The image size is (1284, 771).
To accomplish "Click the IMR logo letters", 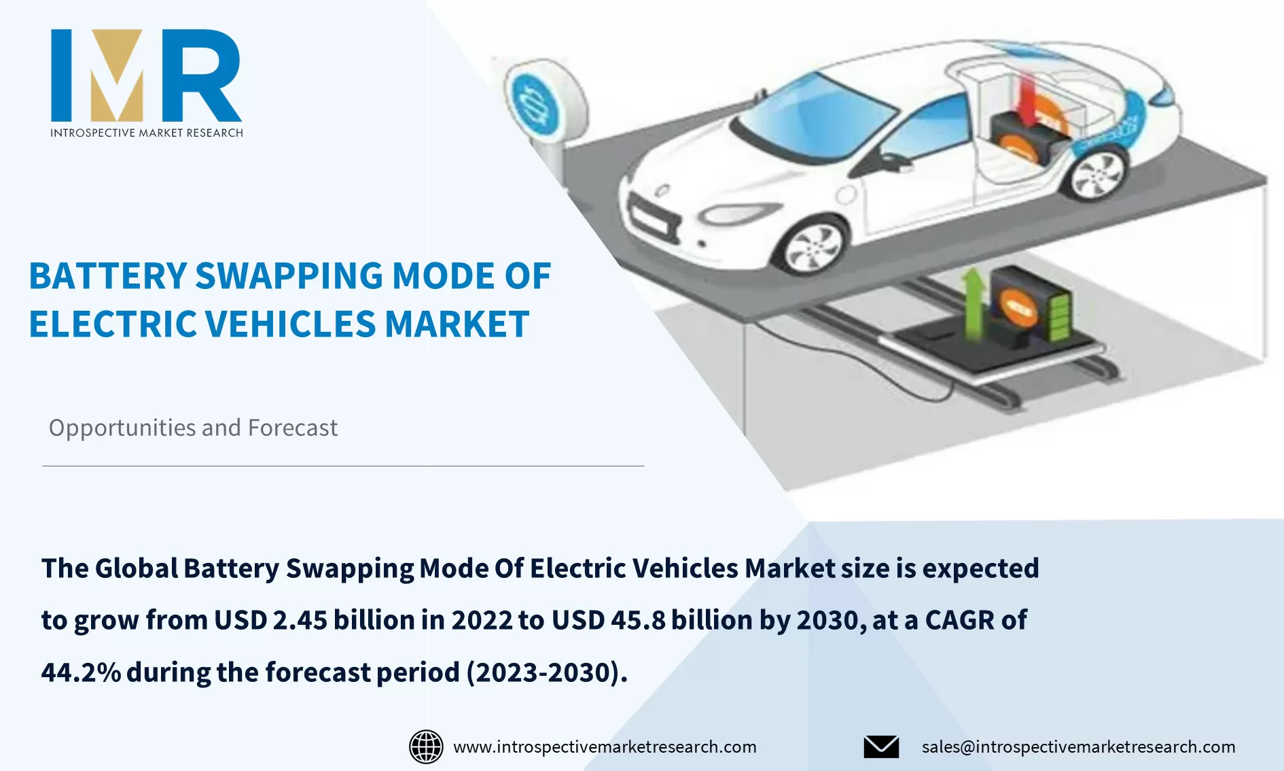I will tap(146, 75).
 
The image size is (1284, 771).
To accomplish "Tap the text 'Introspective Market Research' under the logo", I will tap(146, 133).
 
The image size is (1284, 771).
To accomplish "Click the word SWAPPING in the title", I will tap(289, 277).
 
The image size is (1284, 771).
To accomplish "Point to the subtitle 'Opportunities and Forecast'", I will tap(193, 428).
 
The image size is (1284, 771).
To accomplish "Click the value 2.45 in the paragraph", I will tap(300, 620).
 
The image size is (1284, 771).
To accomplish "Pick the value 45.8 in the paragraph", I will tap(638, 620).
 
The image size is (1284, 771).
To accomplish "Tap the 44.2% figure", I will tap(81, 672).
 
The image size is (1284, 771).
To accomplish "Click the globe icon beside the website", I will tap(426, 747).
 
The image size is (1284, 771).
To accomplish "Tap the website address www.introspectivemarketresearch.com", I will tap(605, 747).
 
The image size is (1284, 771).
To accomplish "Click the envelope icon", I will tap(881, 747).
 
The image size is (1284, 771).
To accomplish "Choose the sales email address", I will tap(1078, 747).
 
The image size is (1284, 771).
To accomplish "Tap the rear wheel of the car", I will tap(1096, 172).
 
